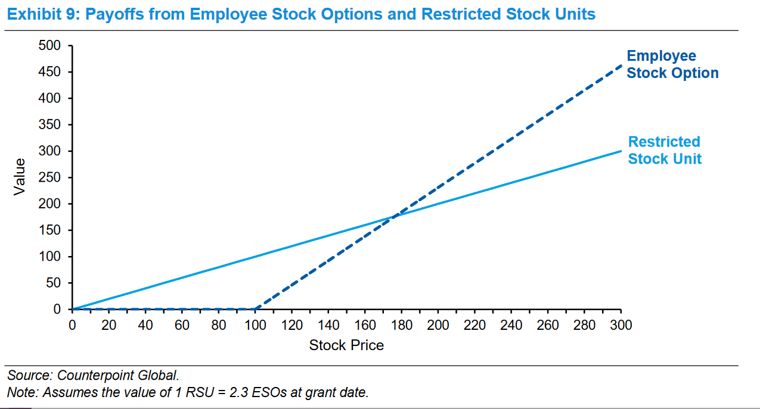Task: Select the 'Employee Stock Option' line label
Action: [x=672, y=64]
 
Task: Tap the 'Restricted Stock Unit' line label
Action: [x=664, y=150]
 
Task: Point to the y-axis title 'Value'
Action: [x=20, y=176]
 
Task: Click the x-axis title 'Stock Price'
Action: [x=346, y=345]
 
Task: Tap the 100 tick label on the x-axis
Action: [x=255, y=325]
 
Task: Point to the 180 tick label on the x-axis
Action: [x=401, y=325]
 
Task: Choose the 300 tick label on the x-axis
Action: [x=621, y=325]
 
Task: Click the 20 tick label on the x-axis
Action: [x=108, y=325]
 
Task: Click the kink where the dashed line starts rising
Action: [x=255, y=309]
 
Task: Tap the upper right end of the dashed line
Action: [x=621, y=66]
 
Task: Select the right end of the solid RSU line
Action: [x=621, y=151]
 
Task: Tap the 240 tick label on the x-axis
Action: [x=511, y=325]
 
